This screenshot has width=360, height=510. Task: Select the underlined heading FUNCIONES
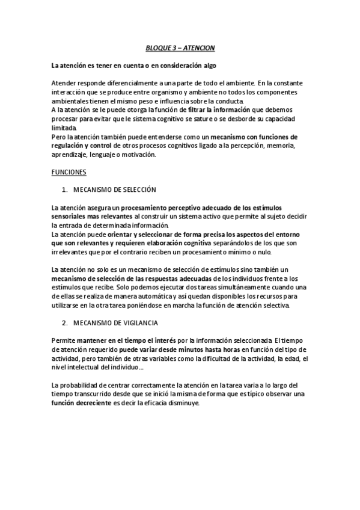[x=69, y=172]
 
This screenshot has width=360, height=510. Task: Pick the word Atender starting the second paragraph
[x=64, y=81]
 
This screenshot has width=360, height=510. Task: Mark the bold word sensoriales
[x=70, y=215]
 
